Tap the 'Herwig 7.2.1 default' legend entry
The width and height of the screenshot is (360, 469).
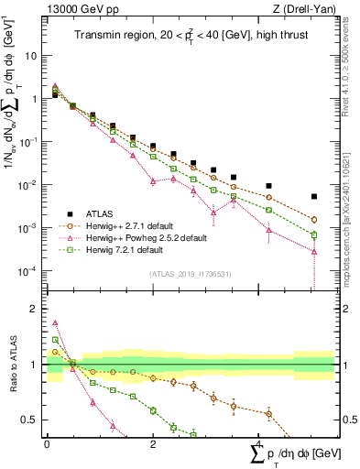pyautogui.click(x=129, y=249)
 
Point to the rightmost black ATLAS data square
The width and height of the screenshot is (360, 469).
pyautogui.click(x=314, y=196)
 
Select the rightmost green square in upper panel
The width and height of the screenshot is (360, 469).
pyautogui.click(x=314, y=234)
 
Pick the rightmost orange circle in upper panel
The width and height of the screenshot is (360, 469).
pyautogui.click(x=314, y=220)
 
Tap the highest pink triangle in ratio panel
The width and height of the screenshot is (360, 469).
pyautogui.click(x=55, y=322)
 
